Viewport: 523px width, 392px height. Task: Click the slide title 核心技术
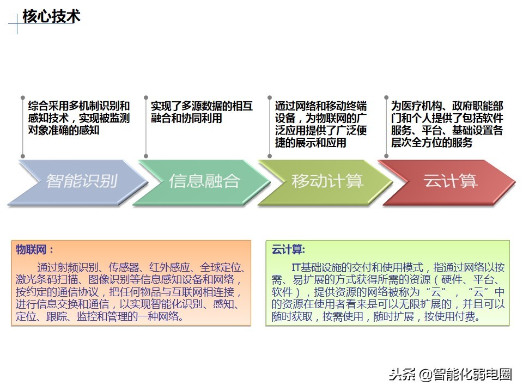(x=52, y=17)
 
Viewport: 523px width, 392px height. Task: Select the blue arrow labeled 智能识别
(x=81, y=181)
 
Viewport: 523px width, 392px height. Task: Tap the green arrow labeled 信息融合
(x=204, y=181)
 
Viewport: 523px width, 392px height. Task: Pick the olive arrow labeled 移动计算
(x=327, y=181)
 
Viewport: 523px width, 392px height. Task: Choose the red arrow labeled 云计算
(x=450, y=181)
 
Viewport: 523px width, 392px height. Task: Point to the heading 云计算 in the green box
(x=288, y=250)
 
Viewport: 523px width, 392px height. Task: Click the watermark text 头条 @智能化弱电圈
(x=450, y=374)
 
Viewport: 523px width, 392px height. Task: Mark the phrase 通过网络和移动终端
(x=321, y=106)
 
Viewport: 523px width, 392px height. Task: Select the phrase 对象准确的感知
(x=64, y=130)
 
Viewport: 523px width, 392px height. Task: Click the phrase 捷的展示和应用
(x=311, y=143)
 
